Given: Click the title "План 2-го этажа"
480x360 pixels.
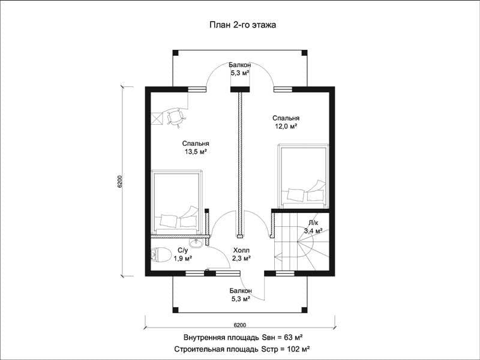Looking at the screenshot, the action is pos(243,25).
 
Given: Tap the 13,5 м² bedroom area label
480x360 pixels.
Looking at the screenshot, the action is pos(196,147).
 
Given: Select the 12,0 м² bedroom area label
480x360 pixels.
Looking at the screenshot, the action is pos(286,122).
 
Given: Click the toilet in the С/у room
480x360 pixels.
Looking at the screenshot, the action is pos(161,254).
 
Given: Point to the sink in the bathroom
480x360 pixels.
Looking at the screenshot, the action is pos(196,243).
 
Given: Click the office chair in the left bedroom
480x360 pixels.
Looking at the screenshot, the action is pos(176,117).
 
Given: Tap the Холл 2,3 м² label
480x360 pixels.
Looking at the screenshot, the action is pos(241,254).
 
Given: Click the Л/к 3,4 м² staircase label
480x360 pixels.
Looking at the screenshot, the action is pos(313,227).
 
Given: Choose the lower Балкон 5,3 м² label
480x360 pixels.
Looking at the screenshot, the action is pos(241,295).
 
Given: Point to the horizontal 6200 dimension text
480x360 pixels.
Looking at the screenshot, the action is pos(239,325).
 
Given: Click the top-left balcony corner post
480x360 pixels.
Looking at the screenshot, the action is pos(175,53).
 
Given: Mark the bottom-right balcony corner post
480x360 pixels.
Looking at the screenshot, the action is pos(304,310).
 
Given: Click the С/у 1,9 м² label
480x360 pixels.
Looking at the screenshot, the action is pos(183,254).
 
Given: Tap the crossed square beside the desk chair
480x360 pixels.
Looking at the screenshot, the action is pos(157,119).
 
